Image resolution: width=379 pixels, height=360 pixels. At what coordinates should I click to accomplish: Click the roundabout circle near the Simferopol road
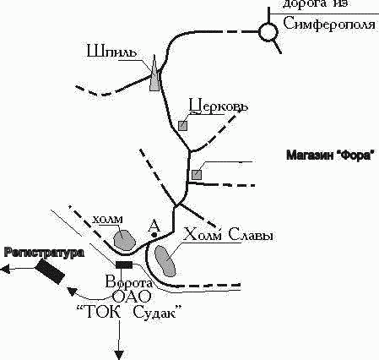pos(268,24)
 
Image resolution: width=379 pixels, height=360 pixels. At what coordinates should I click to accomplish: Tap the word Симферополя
pos(329,25)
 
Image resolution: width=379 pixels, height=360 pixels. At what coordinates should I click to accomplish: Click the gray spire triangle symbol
pos(154,74)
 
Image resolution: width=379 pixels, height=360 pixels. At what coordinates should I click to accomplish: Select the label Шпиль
pos(112,52)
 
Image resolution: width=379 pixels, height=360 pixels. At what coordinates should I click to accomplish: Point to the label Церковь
pos(219,106)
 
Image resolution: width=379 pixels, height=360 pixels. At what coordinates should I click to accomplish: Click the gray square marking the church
pos(183,126)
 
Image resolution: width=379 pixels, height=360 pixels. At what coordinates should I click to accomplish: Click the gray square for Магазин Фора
pos(197,175)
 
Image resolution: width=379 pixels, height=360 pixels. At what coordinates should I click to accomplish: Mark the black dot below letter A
pos(154,235)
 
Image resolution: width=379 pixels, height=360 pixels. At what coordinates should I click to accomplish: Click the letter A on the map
pos(154,226)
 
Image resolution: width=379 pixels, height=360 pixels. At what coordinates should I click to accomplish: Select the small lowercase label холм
pos(108,219)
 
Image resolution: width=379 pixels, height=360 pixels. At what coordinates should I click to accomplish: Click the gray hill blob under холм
pos(124,239)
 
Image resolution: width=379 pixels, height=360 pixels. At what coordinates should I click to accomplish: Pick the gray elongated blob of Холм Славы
pos(165,261)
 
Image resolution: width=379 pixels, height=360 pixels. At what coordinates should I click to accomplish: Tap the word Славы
pos(251,234)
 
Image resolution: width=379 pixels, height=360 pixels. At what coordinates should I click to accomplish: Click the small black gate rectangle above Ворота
pos(124,265)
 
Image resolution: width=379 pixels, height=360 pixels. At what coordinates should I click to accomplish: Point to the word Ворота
pos(129,281)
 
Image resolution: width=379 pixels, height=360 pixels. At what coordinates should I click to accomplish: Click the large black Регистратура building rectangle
pos(50,272)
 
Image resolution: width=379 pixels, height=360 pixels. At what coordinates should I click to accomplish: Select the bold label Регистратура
pos(45,253)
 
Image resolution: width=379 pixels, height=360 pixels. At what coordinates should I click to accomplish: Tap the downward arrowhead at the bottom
pos(119,355)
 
